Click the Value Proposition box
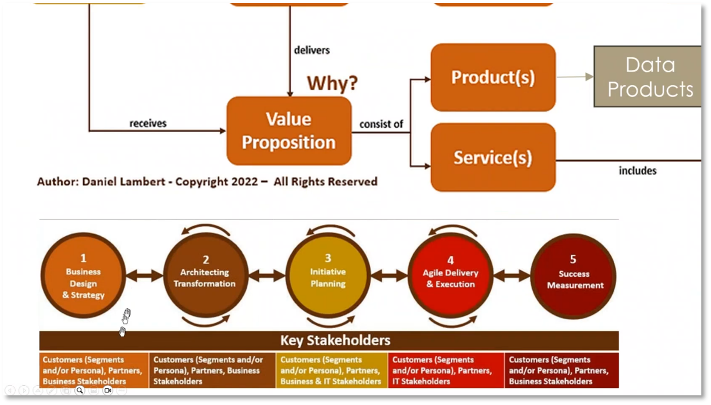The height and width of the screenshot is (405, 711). (x=289, y=131)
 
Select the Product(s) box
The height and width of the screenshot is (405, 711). (x=493, y=77)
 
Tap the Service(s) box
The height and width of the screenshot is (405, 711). (x=493, y=157)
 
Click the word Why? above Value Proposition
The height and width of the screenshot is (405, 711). (x=332, y=83)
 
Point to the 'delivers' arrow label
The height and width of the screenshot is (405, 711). (x=311, y=50)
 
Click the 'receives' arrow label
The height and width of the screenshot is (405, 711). (x=148, y=123)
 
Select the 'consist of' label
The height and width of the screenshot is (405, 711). (x=381, y=124)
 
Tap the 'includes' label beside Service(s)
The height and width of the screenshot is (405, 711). (x=638, y=171)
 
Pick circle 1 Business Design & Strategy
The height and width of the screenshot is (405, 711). (x=83, y=275)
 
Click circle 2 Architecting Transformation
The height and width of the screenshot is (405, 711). (x=205, y=275)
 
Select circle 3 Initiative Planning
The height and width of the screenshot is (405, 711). (x=328, y=275)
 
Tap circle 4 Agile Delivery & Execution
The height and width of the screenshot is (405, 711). (x=450, y=275)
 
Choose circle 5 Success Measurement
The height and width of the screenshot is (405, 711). (x=573, y=275)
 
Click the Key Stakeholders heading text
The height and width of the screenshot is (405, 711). (x=335, y=340)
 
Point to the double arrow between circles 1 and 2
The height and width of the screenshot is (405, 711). (x=144, y=276)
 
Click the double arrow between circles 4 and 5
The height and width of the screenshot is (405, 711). (x=511, y=276)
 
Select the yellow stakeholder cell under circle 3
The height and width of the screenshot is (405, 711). (x=332, y=371)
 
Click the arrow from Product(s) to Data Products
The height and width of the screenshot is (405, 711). (x=575, y=77)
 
